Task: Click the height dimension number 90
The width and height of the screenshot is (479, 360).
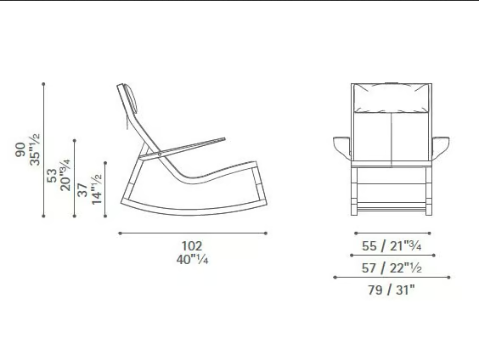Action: [x=20, y=149]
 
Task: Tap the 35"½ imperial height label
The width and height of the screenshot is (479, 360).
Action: [x=35, y=149]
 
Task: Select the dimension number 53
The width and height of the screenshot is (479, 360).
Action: [x=52, y=176]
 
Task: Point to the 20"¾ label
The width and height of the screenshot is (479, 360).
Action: [x=65, y=175]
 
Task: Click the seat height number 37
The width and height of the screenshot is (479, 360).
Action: [x=82, y=189]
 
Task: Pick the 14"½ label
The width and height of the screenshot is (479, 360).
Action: [x=97, y=189]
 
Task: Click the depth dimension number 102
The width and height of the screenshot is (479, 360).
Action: [x=192, y=245]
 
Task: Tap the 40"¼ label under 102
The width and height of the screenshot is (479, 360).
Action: [x=192, y=260]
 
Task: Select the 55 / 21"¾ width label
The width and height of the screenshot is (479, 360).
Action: [x=392, y=246]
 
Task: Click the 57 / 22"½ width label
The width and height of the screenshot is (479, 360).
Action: [x=392, y=268]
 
